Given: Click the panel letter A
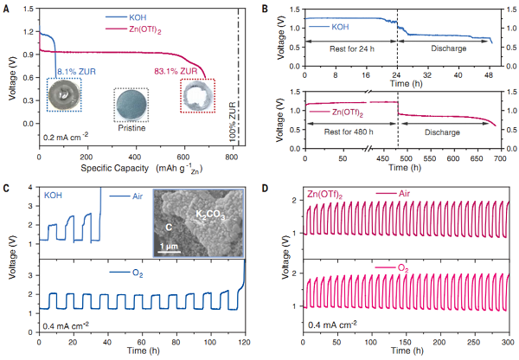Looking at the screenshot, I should [6, 6].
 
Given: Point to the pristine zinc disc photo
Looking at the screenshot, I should [131, 104].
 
